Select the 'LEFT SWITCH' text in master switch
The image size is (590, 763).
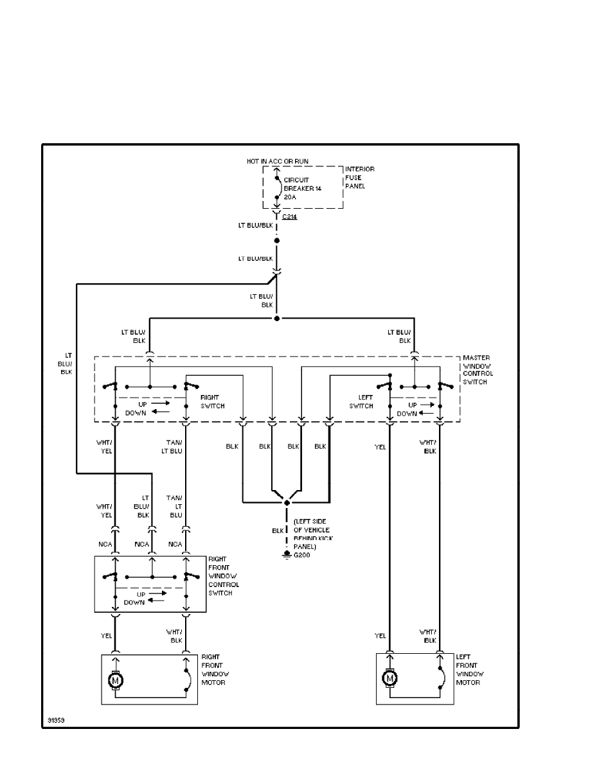click(x=361, y=401)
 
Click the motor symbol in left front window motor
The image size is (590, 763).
click(x=389, y=678)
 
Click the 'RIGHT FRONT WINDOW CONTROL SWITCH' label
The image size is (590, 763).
click(x=223, y=576)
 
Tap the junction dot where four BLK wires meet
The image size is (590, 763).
click(x=287, y=502)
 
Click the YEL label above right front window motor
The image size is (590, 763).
click(x=107, y=636)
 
